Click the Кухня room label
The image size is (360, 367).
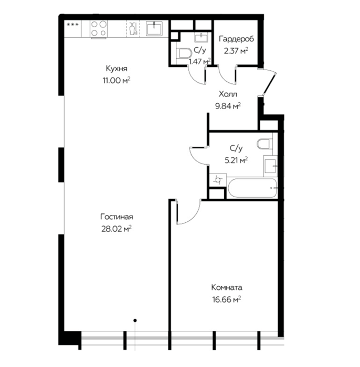click(117, 69)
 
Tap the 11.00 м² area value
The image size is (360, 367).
click(117, 80)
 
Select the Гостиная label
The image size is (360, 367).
click(117, 217)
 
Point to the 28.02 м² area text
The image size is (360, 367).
click(117, 229)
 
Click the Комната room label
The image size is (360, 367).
click(227, 287)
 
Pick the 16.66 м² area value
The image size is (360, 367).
click(227, 299)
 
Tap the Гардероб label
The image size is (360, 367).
click(236, 39)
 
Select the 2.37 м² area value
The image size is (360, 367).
click(236, 50)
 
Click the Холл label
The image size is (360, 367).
click(228, 94)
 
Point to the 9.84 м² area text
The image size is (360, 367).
click(228, 106)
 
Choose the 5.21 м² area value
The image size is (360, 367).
click(236, 160)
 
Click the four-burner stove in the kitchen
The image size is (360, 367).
click(99, 29)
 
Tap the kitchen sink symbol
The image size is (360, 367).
click(154, 28)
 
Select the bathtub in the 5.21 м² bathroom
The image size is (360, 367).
click(252, 188)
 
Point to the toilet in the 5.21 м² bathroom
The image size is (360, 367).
click(264, 144)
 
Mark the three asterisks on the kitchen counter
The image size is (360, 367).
click(73, 24)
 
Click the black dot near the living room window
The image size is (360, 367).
click(135, 320)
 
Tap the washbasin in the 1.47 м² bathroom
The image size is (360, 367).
click(201, 37)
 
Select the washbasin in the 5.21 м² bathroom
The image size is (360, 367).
click(271, 166)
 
